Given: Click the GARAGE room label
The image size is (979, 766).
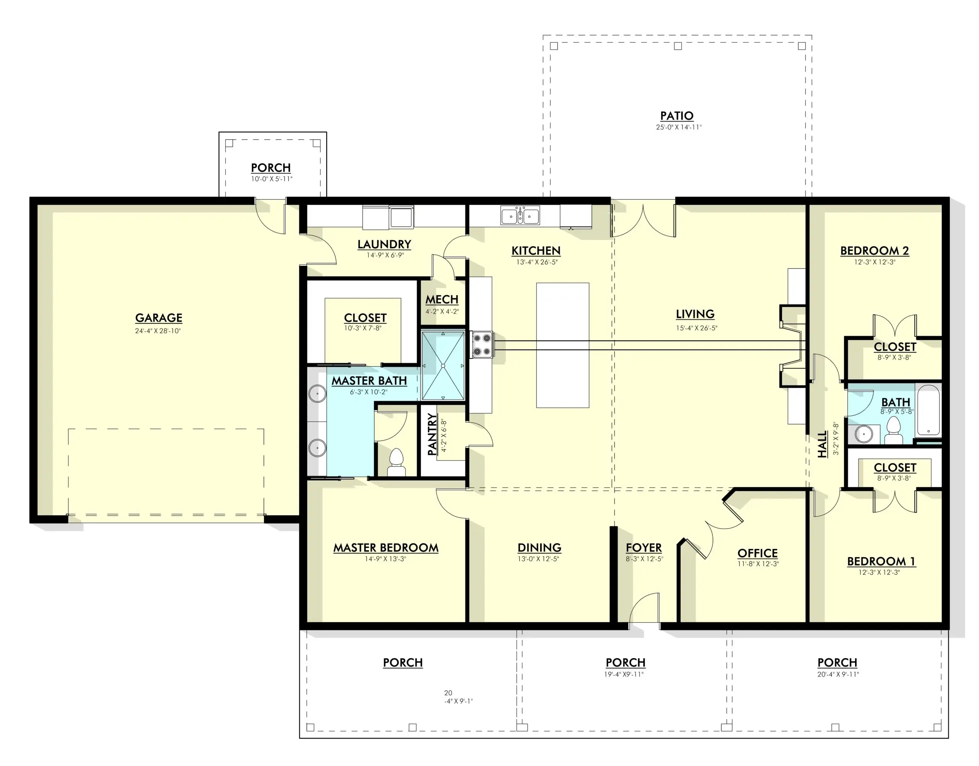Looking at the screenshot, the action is click(x=159, y=318).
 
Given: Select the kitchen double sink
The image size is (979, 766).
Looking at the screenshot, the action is click(x=520, y=215).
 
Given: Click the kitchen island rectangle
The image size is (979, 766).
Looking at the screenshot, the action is click(x=563, y=345).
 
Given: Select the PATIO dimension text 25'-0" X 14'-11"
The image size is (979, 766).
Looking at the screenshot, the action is click(x=678, y=127).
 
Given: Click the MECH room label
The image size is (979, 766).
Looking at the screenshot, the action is click(x=442, y=299).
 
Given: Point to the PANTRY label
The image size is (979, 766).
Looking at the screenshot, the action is click(x=432, y=434).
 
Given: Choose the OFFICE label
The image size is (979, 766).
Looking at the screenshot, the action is click(x=758, y=553).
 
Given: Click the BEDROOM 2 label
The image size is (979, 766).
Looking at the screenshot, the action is click(x=875, y=251).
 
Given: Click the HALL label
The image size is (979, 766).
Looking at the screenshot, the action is click(x=821, y=444).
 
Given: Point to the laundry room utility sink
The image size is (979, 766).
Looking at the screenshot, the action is click(x=402, y=217).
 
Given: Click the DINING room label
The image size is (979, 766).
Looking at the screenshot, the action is click(x=540, y=548).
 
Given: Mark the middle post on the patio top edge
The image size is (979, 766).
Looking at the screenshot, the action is click(x=678, y=46).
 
